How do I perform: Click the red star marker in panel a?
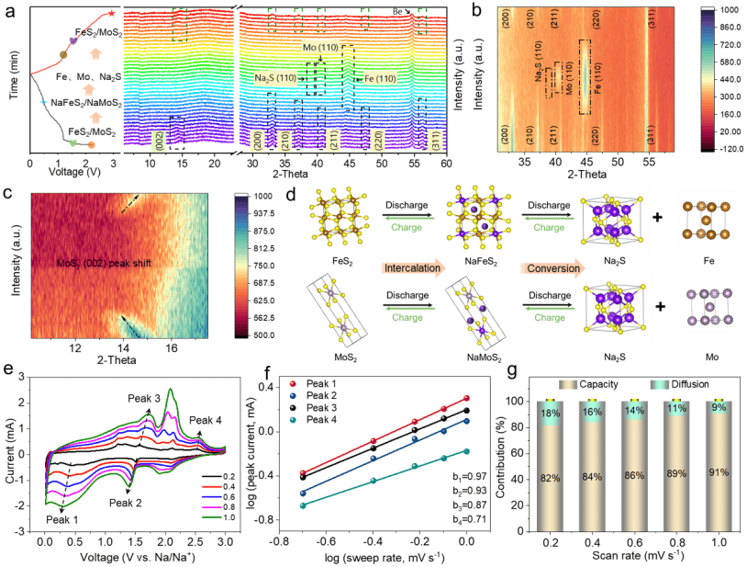click(111, 13)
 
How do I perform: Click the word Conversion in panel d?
click(553, 269)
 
